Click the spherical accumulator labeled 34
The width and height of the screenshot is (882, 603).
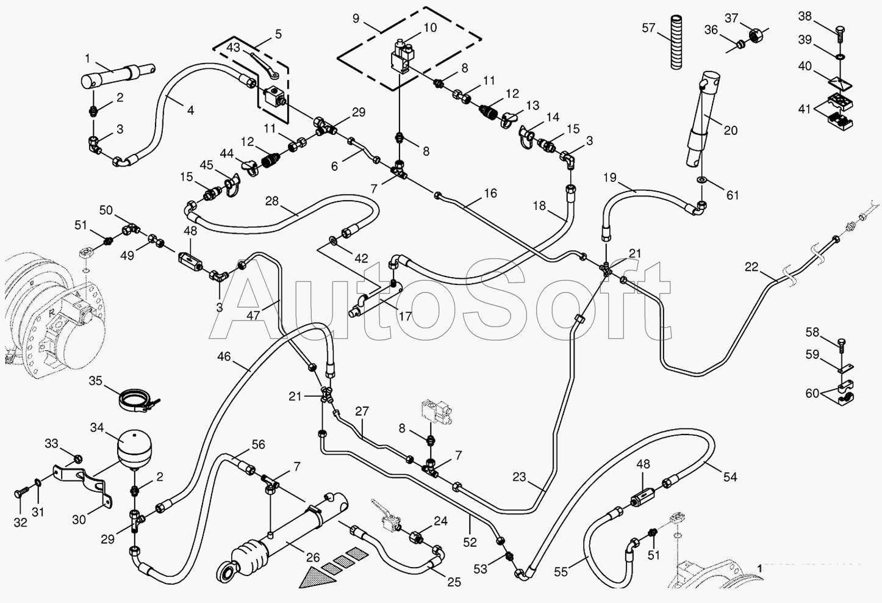(135, 450)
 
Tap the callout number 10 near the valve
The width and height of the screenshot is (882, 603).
(430, 27)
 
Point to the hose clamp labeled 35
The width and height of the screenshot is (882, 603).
(138, 400)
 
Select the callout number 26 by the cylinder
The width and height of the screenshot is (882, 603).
(313, 557)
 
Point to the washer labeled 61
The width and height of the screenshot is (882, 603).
(701, 181)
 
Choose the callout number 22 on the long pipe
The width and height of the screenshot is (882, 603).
(751, 267)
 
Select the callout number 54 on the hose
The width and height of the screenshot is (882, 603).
(730, 477)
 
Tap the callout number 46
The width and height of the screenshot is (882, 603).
(224, 356)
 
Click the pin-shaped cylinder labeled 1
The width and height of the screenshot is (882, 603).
(117, 76)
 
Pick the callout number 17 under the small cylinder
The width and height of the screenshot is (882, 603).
(405, 316)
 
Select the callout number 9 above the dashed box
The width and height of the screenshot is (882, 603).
(356, 18)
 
